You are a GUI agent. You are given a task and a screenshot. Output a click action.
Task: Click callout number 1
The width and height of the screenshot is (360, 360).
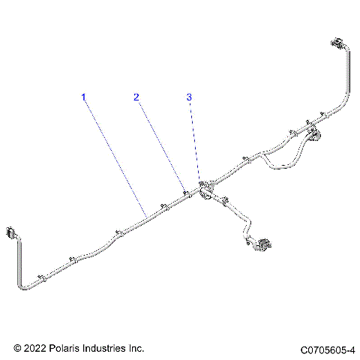pyautogui.click(x=84, y=97)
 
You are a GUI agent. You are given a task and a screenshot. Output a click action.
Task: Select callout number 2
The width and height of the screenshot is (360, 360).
pyautogui.click(x=136, y=97)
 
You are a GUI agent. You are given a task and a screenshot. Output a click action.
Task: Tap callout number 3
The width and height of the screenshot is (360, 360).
pyautogui.click(x=189, y=97)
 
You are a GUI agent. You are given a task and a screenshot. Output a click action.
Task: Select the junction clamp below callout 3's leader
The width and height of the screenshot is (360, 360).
pyautogui.click(x=203, y=188)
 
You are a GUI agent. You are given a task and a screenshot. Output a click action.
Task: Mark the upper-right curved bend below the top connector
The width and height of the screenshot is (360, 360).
pyautogui.click(x=346, y=97)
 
